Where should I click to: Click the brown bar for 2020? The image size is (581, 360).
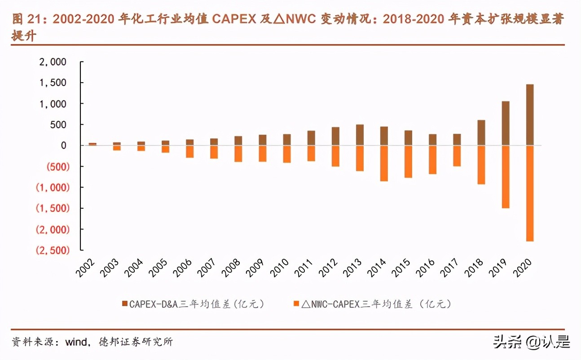click(529, 114)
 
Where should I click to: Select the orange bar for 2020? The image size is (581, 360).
click(529, 193)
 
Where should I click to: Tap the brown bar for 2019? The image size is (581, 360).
click(505, 123)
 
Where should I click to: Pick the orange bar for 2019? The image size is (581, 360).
click(505, 176)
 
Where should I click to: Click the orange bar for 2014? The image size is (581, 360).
click(384, 163)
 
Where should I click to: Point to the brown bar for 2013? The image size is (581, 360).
click(360, 135)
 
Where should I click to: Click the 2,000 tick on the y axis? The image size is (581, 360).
click(53, 62)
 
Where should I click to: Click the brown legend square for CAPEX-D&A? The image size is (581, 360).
click(125, 304)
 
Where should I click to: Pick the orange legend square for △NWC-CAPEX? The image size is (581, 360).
click(296, 304)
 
